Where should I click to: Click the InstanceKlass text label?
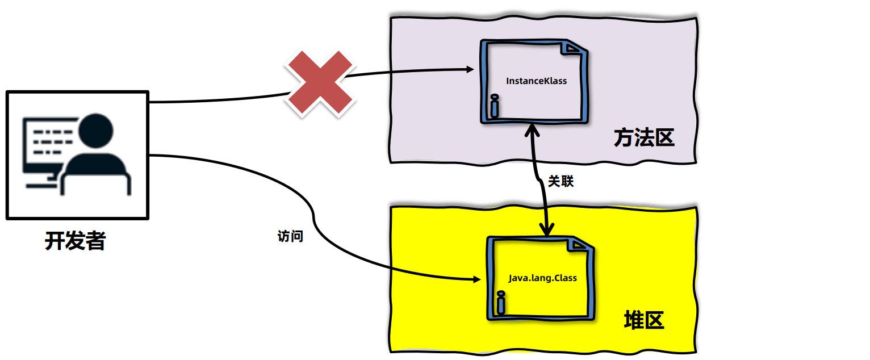pos(536,81)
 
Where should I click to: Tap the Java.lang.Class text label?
pos(542,278)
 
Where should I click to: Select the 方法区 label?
pos(644,138)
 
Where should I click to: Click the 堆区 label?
pos(644,321)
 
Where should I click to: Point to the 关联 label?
pos(561,182)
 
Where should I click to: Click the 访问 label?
pos(290,236)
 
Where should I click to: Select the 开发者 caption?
pos(76,241)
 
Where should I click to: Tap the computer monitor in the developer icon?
pos(48,145)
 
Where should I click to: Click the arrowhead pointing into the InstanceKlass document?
pos(470,69)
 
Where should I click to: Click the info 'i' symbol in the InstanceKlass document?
pos(494,107)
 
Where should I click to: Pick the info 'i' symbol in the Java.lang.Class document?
pos(500,303)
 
